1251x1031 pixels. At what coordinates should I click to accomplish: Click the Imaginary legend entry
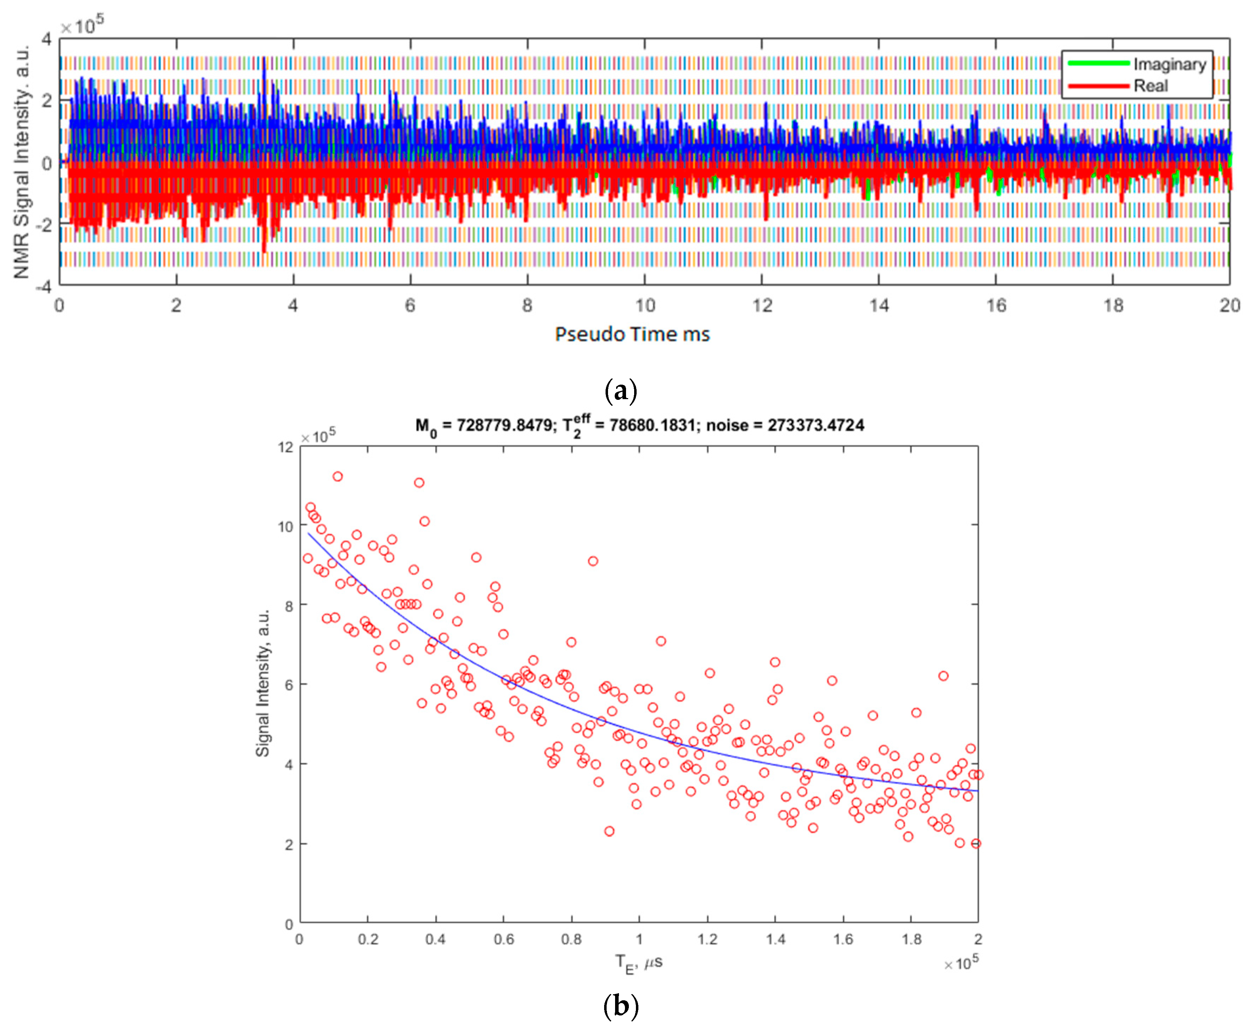click(1168, 64)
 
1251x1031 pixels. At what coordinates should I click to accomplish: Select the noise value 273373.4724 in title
click(815, 425)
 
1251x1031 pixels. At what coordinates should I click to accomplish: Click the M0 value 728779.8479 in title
click(504, 425)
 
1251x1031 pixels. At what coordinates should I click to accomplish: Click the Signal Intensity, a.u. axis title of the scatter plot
click(262, 683)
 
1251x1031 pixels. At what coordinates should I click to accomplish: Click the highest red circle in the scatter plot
click(337, 476)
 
